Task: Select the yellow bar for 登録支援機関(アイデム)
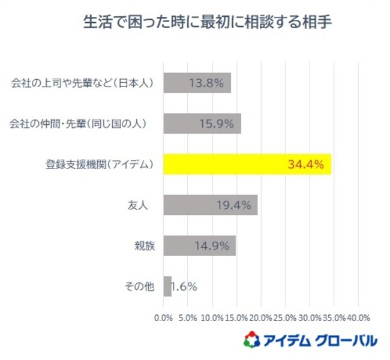[x=247, y=164]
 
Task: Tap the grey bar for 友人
[x=210, y=205]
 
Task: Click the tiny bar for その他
[x=167, y=286]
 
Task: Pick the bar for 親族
[x=199, y=245]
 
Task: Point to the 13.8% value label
[x=206, y=83]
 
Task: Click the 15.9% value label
[x=216, y=124]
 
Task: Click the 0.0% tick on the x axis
[x=163, y=317]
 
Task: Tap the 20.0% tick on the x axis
[x=261, y=317]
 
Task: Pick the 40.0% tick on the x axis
[x=358, y=317]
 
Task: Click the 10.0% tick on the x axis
[x=212, y=317]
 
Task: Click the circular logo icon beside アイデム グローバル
[x=251, y=340]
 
